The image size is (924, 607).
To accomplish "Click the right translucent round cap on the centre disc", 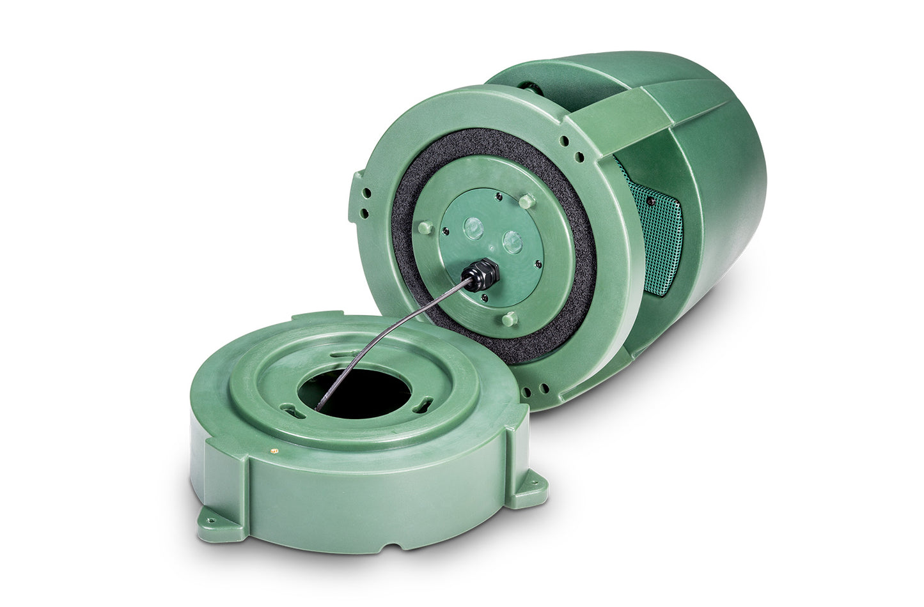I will (x=512, y=240).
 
